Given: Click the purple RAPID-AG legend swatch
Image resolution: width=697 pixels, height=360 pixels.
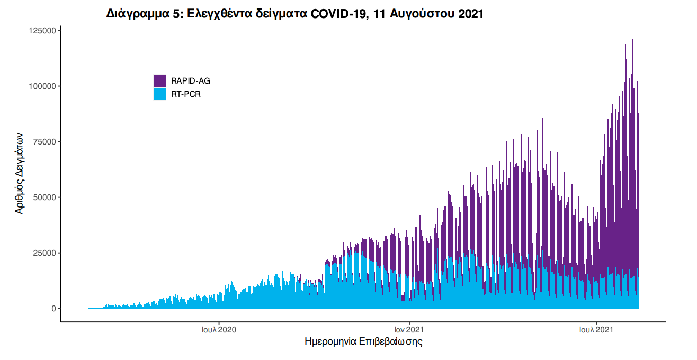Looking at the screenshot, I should (x=159, y=81).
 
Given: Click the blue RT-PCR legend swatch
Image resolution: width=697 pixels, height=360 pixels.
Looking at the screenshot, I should (x=159, y=94).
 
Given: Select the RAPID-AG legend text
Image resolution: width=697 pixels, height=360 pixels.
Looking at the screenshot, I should (x=191, y=81).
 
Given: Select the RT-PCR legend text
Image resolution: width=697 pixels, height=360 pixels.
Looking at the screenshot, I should (x=186, y=94).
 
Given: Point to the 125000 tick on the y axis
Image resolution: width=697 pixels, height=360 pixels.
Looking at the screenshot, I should (x=42, y=31).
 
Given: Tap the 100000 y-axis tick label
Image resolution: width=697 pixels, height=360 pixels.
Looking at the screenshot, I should (x=42, y=86).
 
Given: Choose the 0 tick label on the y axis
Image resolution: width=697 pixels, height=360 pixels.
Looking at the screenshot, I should (x=53, y=309).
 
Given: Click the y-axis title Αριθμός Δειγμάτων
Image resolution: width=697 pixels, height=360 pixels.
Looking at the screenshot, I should (x=20, y=173).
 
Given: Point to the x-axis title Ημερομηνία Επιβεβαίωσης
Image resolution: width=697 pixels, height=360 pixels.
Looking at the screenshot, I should (x=363, y=341).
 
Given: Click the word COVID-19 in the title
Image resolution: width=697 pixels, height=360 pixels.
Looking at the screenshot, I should (x=339, y=14).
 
